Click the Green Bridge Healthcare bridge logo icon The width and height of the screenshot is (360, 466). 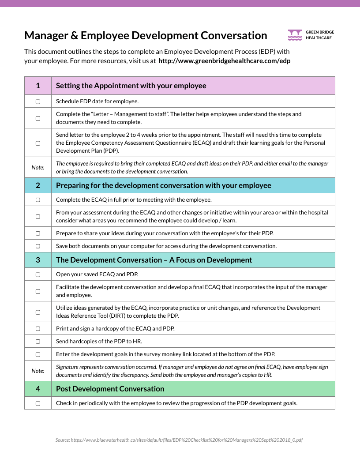[x=295, y=35]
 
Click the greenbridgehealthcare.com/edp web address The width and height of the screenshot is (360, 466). [x=224, y=61]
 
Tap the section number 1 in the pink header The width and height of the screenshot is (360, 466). [x=38, y=86]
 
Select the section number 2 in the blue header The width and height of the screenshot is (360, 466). [x=38, y=185]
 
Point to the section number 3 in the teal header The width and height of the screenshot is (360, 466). [x=38, y=260]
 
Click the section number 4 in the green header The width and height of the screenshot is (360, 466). [x=38, y=389]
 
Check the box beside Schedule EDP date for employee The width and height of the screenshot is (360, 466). [x=38, y=101]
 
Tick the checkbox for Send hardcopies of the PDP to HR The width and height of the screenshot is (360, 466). [x=38, y=341]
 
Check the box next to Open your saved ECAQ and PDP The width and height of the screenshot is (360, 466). [x=38, y=274]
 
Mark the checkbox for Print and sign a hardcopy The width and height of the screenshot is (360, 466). [x=38, y=329]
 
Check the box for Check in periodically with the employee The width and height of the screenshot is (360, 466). [x=38, y=403]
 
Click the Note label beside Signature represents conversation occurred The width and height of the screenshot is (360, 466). [x=38, y=371]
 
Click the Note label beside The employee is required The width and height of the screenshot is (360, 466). [x=38, y=168]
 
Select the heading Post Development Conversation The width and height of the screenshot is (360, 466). [x=110, y=389]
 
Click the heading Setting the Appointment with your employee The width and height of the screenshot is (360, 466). [x=131, y=86]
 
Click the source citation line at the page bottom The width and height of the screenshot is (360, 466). [x=179, y=440]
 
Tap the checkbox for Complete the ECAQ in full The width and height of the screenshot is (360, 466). [x=38, y=200]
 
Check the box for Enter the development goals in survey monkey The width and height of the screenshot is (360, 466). [x=38, y=354]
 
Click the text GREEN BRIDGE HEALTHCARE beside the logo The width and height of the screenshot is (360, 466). [x=320, y=35]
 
